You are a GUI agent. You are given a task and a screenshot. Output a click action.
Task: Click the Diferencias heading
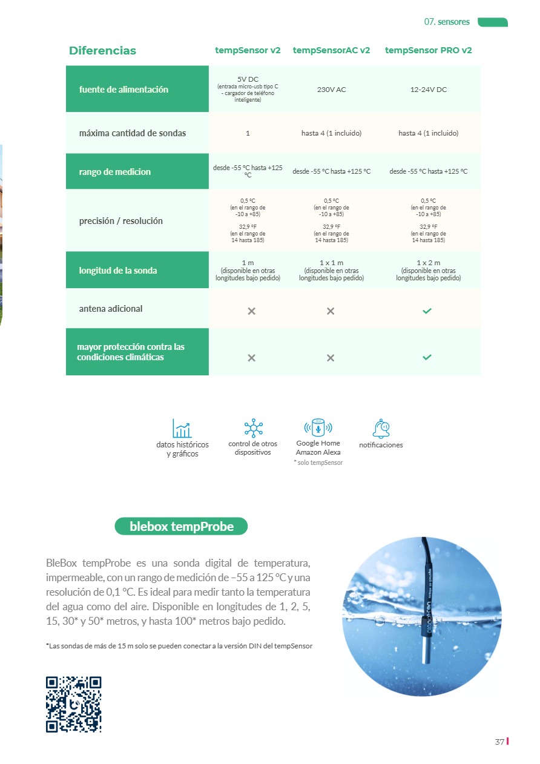pos(102,51)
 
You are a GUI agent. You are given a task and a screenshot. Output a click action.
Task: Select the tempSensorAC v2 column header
pos(331,50)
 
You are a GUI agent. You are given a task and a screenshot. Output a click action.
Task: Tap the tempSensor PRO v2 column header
pos(428,50)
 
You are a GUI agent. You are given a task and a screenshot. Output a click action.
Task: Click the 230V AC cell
pos(331,90)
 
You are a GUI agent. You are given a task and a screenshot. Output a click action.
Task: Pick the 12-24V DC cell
pos(428,90)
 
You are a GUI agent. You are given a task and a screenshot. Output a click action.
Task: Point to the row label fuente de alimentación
pos(123,90)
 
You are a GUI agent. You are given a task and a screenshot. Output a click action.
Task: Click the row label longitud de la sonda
pos(118,271)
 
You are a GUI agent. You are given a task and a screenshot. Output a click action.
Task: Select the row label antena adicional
pos(111,309)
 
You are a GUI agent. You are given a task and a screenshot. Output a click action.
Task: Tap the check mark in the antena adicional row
pos(427,311)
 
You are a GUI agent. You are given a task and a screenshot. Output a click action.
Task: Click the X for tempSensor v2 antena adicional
pos(251,311)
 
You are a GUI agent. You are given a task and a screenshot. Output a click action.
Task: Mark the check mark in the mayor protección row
pos(427,357)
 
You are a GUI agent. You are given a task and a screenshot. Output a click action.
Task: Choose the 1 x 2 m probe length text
pos(428,263)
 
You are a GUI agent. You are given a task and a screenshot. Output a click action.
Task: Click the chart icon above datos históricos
pos(182,428)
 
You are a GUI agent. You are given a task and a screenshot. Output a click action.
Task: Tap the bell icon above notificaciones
pos(381,428)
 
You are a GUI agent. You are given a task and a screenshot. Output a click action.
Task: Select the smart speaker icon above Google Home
pos(318,427)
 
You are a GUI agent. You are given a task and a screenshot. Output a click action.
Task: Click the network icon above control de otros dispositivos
pos(253,428)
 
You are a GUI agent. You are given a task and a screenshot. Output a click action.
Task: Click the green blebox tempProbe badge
pos(181,526)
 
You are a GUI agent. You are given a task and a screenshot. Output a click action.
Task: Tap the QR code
pos(73,704)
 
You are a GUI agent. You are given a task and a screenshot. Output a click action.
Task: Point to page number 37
pos(499,742)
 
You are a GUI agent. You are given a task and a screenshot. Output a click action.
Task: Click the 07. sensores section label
pos(447,22)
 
